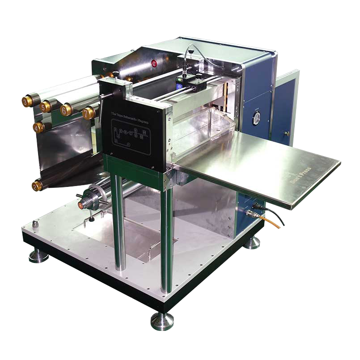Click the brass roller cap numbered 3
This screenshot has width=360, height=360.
(x=27, y=102)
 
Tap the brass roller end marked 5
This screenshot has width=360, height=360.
(x=46, y=107)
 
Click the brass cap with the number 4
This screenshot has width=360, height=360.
(x=39, y=127)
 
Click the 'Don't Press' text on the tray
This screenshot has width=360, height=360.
(x=300, y=175)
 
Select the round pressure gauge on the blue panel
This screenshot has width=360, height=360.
(x=256, y=118)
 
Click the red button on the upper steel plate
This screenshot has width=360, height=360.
(x=154, y=63)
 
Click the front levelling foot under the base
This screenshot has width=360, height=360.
(x=162, y=321)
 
